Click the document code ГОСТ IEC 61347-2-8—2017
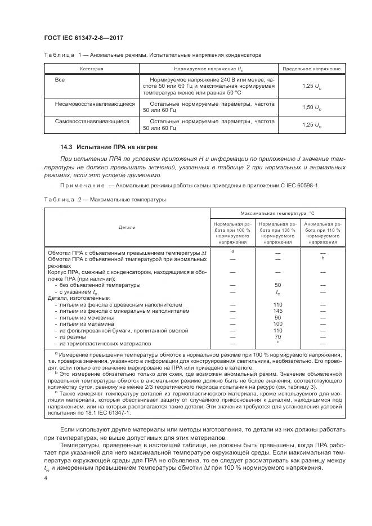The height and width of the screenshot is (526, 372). pyautogui.click(x=84, y=38)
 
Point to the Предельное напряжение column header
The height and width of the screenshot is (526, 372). pyautogui.click(x=311, y=69)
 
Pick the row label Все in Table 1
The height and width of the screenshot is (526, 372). pyautogui.click(x=60, y=80)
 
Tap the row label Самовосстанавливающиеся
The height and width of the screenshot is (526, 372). pyautogui.click(x=92, y=121)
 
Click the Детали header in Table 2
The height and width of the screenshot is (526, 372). pyautogui.click(x=127, y=227)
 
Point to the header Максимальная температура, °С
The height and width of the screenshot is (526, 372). pyautogui.click(x=277, y=214)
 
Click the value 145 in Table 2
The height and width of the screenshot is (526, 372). pyautogui.click(x=277, y=311)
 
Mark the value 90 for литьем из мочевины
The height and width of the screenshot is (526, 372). pyautogui.click(x=277, y=318)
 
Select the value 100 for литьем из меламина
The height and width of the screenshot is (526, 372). pyautogui.click(x=277, y=324)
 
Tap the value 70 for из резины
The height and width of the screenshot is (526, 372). pyautogui.click(x=277, y=337)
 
